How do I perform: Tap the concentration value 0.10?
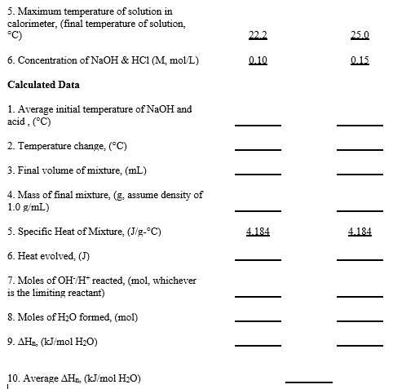(258, 60)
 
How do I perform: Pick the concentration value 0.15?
(360, 60)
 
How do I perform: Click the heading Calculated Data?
(42, 85)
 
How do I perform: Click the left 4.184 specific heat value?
(258, 232)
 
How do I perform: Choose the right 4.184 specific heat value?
(360, 232)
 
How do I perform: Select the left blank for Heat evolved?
(258, 257)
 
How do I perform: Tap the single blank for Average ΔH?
(309, 380)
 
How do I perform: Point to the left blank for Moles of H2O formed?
(258, 317)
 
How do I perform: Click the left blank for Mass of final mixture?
(258, 204)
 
